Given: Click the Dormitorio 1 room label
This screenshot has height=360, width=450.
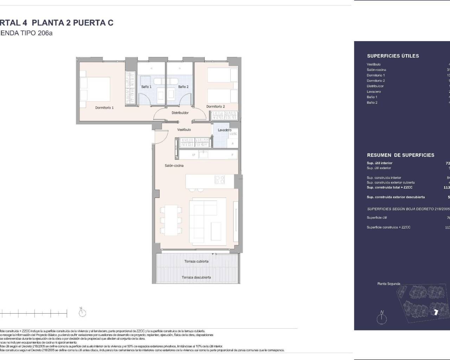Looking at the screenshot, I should coord(104,108).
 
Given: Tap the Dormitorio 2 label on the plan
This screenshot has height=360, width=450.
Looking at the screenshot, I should coord(216,107).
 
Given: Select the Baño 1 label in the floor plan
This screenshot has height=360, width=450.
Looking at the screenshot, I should coord(146,86).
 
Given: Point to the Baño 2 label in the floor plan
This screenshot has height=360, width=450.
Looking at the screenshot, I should coord(183,86).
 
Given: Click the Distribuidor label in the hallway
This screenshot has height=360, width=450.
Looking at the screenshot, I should coord(180,113).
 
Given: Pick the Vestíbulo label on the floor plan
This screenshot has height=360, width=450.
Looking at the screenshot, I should coord(184,130).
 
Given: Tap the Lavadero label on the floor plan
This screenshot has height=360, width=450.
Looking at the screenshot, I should coord(224,130).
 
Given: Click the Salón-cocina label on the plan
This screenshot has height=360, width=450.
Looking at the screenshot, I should coord(174,166).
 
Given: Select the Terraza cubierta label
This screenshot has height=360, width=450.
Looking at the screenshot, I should coord(196,261).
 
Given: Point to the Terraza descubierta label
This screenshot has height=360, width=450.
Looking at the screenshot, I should coord(196,277).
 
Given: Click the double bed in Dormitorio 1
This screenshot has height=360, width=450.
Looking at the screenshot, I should coord(95,88).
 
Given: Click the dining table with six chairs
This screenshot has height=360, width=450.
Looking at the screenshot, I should coord(172,220).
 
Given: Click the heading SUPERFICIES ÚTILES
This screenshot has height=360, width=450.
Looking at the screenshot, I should coord(393,56).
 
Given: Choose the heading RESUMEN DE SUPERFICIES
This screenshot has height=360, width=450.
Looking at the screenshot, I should coord(400,155).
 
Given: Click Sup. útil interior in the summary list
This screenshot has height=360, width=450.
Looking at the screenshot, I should coord(379,163).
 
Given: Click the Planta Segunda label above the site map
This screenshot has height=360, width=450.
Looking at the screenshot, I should coord(388,284).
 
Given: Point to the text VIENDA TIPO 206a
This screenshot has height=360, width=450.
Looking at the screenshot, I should coord(26,33).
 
